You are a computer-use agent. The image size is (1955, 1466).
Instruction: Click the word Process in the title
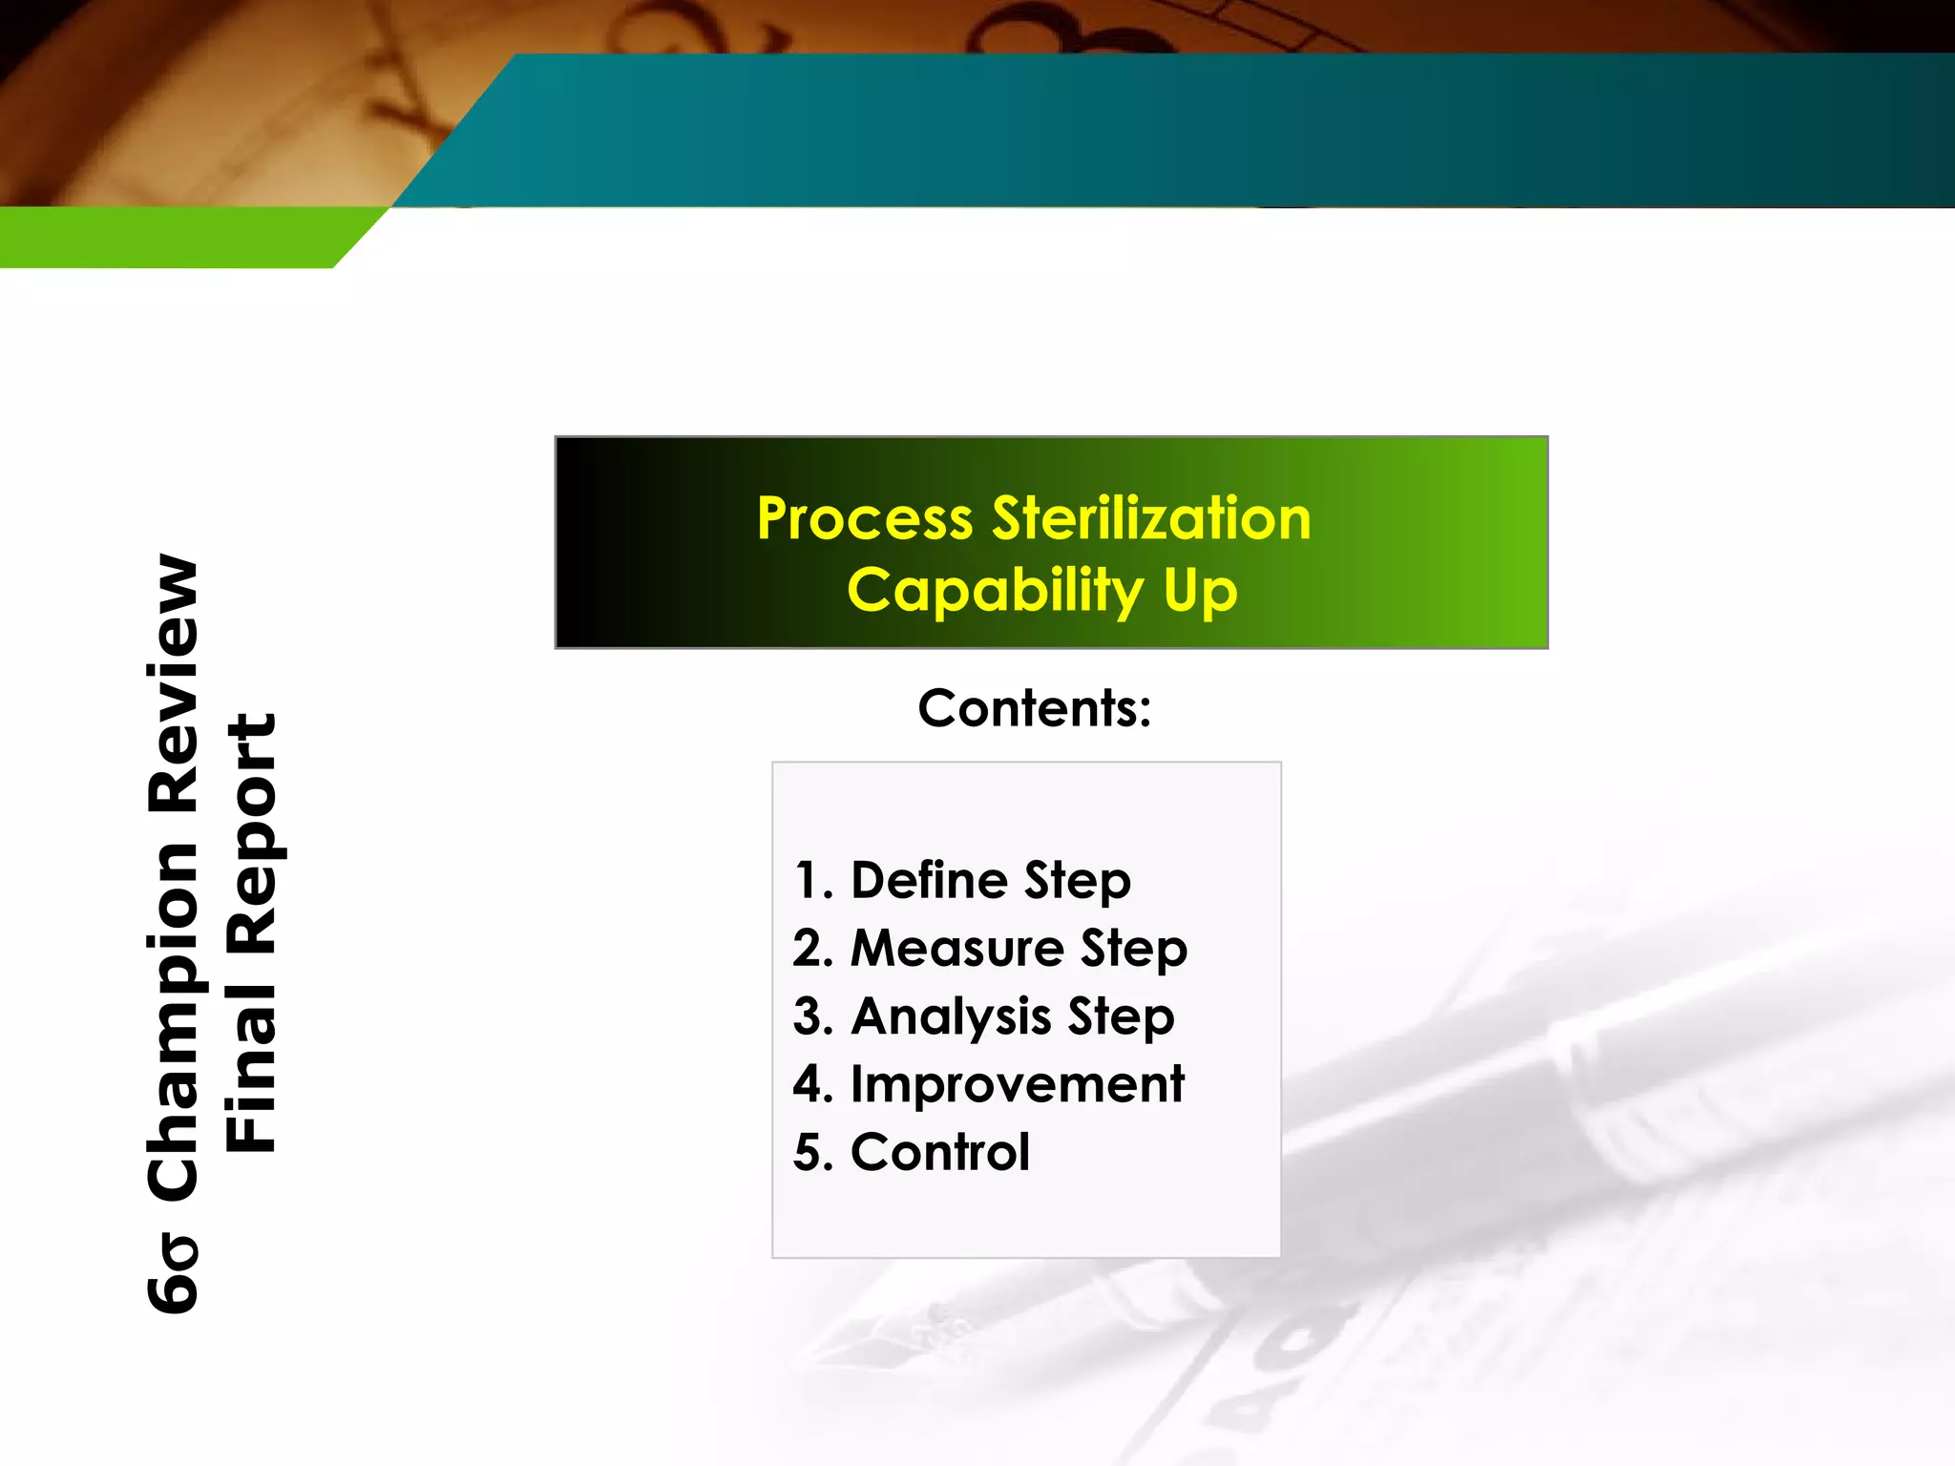pyautogui.click(x=864, y=520)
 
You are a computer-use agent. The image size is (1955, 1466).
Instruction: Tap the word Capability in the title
pyautogui.click(x=995, y=592)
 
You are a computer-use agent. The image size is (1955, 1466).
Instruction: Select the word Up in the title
pyautogui.click(x=1200, y=592)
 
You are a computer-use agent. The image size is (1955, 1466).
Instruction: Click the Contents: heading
pyautogui.click(x=1035, y=709)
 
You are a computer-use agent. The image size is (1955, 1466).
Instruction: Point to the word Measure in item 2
pyautogui.click(x=956, y=949)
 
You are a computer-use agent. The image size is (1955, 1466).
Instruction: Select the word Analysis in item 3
pyautogui.click(x=951, y=1016)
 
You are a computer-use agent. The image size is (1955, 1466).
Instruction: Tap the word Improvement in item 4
pyautogui.click(x=1017, y=1084)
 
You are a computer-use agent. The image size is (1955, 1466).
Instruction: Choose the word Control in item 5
pyautogui.click(x=940, y=1152)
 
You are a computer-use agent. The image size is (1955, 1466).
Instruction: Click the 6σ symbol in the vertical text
pyautogui.click(x=173, y=1273)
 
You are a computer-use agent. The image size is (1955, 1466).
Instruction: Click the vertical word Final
pyautogui.click(x=251, y=1059)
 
